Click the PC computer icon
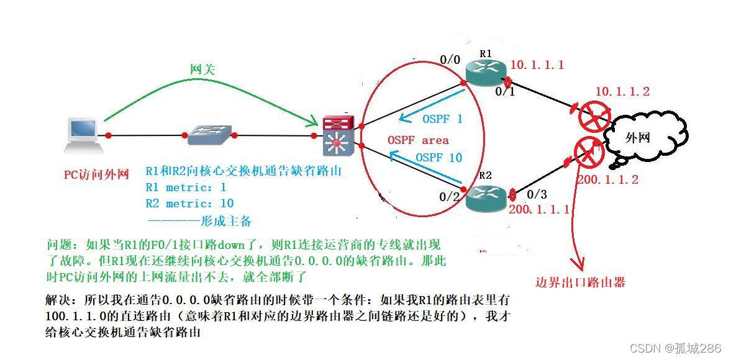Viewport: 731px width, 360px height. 83,135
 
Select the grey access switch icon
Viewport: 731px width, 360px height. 209,133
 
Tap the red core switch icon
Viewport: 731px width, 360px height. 338,135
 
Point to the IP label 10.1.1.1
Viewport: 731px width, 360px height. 537,65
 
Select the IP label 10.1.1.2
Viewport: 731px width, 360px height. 622,92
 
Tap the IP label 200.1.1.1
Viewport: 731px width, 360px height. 540,210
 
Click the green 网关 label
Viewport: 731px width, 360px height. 202,70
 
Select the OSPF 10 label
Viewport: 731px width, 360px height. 438,158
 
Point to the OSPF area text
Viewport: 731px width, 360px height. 417,140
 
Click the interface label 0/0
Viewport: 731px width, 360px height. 450,60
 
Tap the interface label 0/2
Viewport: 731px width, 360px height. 450,197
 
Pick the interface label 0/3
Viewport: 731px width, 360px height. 536,194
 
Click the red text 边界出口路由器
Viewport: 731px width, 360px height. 580,282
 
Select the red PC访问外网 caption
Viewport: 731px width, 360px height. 96,174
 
